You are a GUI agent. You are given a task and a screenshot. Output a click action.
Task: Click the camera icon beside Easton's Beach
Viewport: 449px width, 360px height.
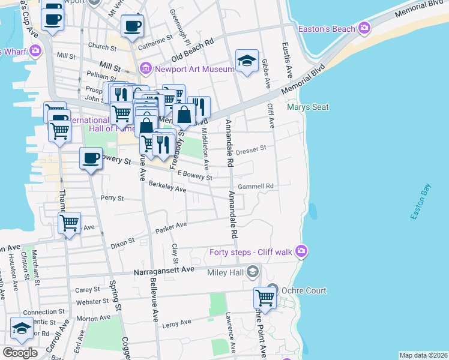pyautogui.click(x=364, y=28)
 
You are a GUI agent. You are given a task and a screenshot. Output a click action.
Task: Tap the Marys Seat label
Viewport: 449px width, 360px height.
pyautogui.click(x=300, y=107)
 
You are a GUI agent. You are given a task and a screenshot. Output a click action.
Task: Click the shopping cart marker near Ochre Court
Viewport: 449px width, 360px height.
pyautogui.click(x=265, y=297)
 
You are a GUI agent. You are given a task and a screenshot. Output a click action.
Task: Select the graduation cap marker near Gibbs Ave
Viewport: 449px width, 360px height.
pyautogui.click(x=247, y=61)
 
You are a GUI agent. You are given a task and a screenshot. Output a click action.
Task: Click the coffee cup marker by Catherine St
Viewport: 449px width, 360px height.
pyautogui.click(x=132, y=26)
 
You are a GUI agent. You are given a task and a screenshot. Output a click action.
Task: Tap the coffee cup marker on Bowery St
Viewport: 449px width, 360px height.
pyautogui.click(x=91, y=158)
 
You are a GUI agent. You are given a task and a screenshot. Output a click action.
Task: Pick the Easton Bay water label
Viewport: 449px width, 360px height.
pyautogui.click(x=421, y=204)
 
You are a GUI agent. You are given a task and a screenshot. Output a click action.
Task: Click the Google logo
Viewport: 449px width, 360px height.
pyautogui.click(x=20, y=353)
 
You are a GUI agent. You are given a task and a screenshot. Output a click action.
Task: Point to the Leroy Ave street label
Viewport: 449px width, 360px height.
pyautogui.click(x=176, y=323)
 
